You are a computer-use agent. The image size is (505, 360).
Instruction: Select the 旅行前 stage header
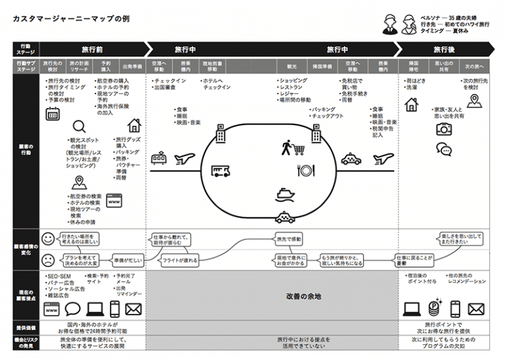click(x=92, y=49)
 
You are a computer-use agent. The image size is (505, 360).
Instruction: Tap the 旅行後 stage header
click(x=445, y=49)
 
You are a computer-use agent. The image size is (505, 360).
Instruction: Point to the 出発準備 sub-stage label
click(x=132, y=66)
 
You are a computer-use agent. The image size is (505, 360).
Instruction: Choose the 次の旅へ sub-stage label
click(x=474, y=66)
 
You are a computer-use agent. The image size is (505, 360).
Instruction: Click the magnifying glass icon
click(x=79, y=127)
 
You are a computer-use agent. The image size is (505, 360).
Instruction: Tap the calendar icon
click(x=53, y=114)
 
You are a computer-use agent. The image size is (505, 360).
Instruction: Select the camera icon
click(x=444, y=130)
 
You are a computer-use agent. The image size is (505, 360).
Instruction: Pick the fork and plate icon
click(x=306, y=170)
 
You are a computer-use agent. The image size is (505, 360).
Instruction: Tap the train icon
click(x=158, y=158)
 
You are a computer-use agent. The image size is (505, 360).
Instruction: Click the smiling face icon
click(x=47, y=238)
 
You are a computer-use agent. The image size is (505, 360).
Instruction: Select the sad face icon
click(x=47, y=259)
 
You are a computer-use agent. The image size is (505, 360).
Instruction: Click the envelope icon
click(x=133, y=309)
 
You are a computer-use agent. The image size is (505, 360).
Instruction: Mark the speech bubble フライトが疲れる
click(x=180, y=261)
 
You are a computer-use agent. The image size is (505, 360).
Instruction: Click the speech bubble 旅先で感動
click(x=287, y=239)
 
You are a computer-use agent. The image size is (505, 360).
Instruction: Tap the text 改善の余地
click(x=303, y=297)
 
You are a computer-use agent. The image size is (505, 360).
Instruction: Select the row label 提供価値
click(x=25, y=328)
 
